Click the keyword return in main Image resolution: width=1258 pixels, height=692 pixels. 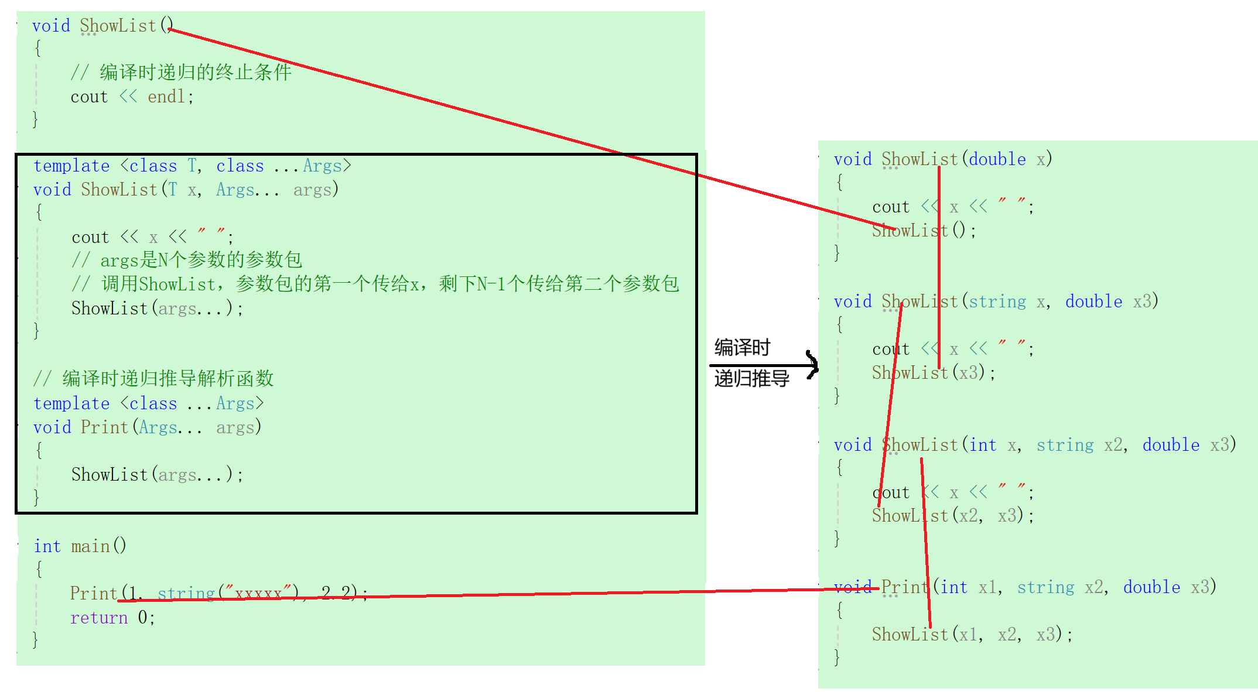click(98, 618)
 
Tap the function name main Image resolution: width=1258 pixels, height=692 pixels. click(90, 546)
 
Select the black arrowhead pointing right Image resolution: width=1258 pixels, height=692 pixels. click(812, 365)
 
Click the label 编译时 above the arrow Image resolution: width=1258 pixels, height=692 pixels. click(742, 347)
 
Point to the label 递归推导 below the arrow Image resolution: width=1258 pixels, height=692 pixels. click(751, 379)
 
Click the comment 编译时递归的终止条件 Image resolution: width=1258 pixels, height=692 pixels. click(195, 72)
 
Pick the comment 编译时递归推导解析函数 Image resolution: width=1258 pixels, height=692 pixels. click(167, 378)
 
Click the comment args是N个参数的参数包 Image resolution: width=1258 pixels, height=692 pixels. click(201, 260)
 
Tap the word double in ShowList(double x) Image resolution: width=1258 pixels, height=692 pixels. click(997, 159)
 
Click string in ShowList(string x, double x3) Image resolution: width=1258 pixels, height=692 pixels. click(997, 302)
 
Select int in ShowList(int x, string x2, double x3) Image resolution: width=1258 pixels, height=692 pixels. click(982, 445)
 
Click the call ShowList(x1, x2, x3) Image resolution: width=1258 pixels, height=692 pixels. click(971, 634)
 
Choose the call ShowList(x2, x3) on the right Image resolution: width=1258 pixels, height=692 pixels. click(952, 516)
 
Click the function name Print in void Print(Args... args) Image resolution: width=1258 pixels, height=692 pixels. click(104, 427)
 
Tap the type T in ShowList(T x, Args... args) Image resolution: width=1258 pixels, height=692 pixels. click(172, 190)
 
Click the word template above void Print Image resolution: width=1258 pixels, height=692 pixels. click(71, 403)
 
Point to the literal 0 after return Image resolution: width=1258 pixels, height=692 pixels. click(143, 618)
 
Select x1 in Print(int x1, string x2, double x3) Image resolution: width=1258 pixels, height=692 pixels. click(987, 587)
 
